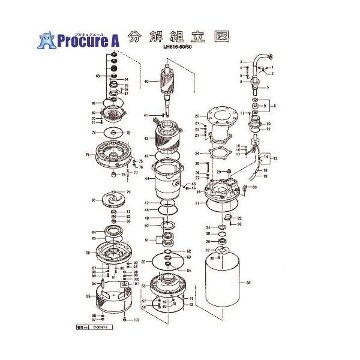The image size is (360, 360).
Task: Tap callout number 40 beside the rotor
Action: pos(146,81)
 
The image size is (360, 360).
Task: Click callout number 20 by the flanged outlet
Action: pos(196,116)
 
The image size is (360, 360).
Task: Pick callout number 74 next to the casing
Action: pos(87,155)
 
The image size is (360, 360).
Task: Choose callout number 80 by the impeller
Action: pos(94,200)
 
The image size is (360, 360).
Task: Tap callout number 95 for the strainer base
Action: pos(88,296)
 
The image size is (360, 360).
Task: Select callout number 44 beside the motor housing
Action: pos(145,178)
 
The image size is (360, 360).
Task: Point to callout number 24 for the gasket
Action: pos(196,154)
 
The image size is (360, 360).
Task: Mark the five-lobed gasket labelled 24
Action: pos(219,154)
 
